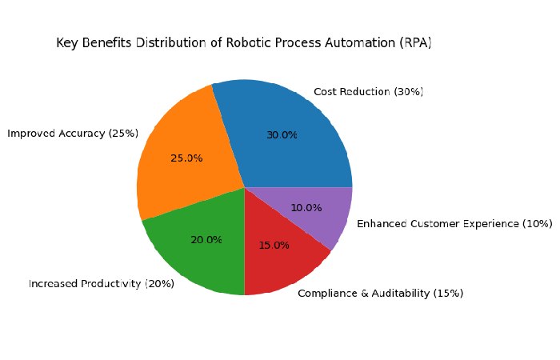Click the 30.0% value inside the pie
pyautogui.click(x=282, y=135)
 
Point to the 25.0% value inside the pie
pyautogui.click(x=186, y=158)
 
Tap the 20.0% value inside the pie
pyautogui.click(x=206, y=239)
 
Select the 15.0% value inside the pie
pyautogui.click(x=274, y=246)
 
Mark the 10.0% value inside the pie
pyautogui.click(x=306, y=208)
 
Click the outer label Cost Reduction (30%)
pyautogui.click(x=368, y=92)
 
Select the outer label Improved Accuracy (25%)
pyautogui.click(x=73, y=134)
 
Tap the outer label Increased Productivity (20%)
pyautogui.click(x=101, y=283)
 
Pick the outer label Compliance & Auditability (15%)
pyautogui.click(x=380, y=294)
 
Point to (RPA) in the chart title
pyautogui.click(x=417, y=43)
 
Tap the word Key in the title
pyautogui.click(x=66, y=43)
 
